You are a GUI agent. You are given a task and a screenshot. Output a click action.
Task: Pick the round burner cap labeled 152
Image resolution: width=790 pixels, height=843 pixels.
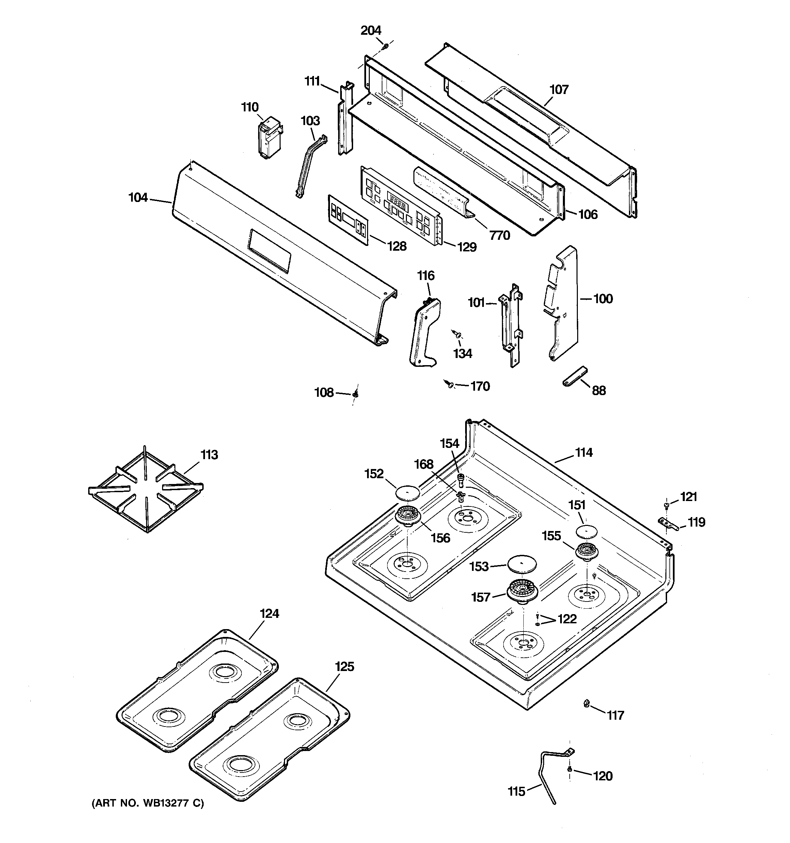click(407, 492)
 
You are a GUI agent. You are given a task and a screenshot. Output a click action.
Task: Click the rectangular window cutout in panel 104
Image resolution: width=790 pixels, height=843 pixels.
click(270, 251)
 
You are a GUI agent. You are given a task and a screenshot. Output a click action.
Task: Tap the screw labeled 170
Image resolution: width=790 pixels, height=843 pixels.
click(450, 384)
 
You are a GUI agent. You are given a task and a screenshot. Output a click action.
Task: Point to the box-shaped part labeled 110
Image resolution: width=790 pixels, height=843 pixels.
click(269, 138)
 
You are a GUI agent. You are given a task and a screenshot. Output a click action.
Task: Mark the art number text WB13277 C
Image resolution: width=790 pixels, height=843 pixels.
click(147, 803)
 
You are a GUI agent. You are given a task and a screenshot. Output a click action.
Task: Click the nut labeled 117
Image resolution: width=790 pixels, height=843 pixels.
click(586, 704)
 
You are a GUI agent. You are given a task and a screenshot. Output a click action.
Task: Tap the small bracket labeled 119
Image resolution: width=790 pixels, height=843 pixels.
click(668, 523)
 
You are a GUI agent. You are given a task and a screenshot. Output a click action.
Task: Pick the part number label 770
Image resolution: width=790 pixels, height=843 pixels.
click(500, 235)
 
